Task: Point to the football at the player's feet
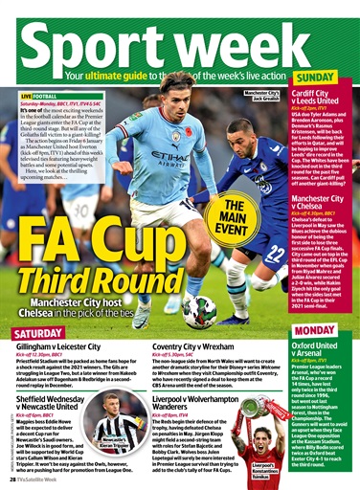[199, 308]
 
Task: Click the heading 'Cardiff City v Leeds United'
[322, 100]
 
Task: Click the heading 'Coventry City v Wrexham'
[206, 349]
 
